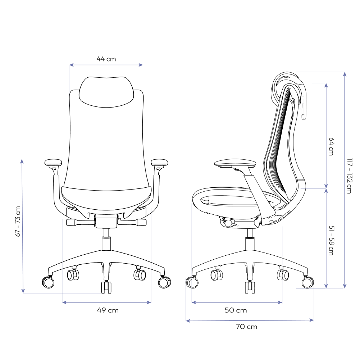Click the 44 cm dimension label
[106, 59]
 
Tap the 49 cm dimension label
[108, 310]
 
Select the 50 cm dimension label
[236, 310]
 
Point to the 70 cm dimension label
[247, 327]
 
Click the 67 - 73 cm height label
[18, 222]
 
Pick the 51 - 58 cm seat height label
[331, 241]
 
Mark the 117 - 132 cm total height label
[348, 176]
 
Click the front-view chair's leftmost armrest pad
[54, 162]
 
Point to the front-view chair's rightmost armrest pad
[160, 162]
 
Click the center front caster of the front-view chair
[106, 287]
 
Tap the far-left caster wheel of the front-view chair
[49, 282]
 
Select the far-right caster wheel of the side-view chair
[307, 283]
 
